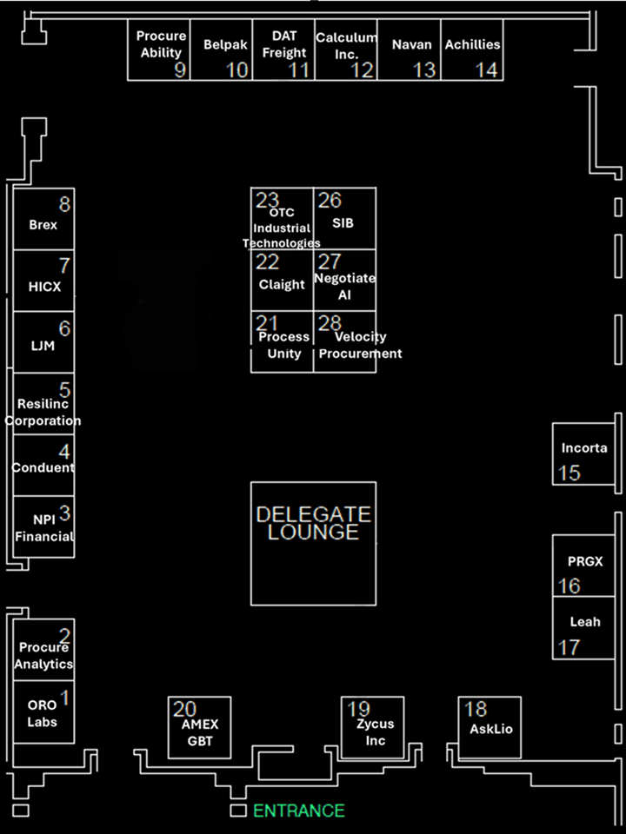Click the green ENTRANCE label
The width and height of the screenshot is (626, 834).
click(x=299, y=811)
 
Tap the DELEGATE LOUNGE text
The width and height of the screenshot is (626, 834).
click(x=314, y=523)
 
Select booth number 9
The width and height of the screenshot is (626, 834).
click(x=181, y=70)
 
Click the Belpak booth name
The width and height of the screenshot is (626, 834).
click(x=226, y=45)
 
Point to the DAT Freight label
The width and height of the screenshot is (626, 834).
click(x=284, y=44)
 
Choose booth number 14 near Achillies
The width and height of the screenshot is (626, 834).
click(x=487, y=70)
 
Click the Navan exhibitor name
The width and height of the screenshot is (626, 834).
click(x=411, y=44)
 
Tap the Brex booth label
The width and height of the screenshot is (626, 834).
click(x=43, y=225)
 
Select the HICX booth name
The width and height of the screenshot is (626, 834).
click(x=44, y=287)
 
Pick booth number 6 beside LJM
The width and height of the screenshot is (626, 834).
click(x=64, y=328)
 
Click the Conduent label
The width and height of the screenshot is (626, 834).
click(x=43, y=468)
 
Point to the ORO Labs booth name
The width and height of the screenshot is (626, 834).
click(x=42, y=714)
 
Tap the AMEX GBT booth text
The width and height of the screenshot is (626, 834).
click(x=200, y=732)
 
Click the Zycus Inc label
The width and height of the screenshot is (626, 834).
click(x=376, y=732)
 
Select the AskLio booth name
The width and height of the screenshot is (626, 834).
click(x=491, y=729)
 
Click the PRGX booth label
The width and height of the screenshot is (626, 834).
click(x=585, y=561)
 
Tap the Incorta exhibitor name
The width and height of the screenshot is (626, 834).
click(x=584, y=448)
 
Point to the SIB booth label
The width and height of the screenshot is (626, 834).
click(x=343, y=223)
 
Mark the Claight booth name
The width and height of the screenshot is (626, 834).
click(x=282, y=285)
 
